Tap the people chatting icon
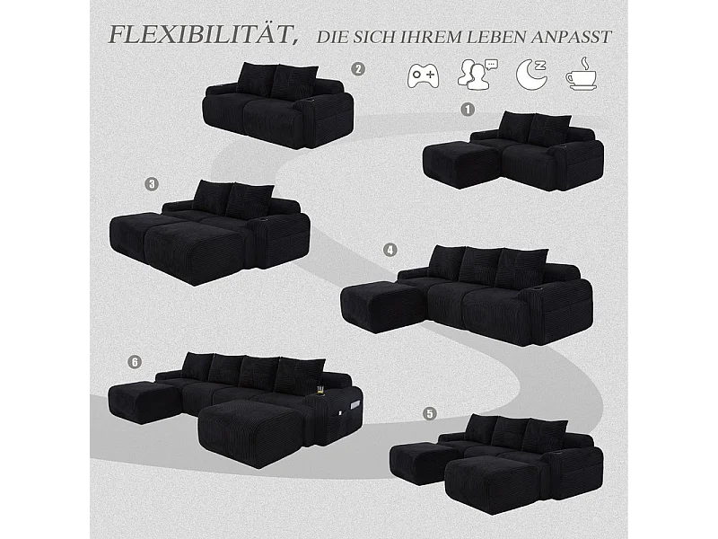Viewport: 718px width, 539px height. click(x=477, y=74)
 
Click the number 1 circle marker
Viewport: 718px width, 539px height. click(x=467, y=110)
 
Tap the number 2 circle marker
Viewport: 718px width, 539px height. click(x=358, y=68)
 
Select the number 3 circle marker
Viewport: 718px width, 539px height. click(x=152, y=183)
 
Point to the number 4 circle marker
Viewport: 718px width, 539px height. click(x=390, y=250)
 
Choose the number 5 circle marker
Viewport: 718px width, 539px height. click(x=431, y=413)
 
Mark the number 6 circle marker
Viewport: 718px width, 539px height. click(x=135, y=362)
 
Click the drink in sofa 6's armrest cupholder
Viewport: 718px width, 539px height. click(x=319, y=390)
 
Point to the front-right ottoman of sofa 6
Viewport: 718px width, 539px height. click(x=250, y=432)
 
